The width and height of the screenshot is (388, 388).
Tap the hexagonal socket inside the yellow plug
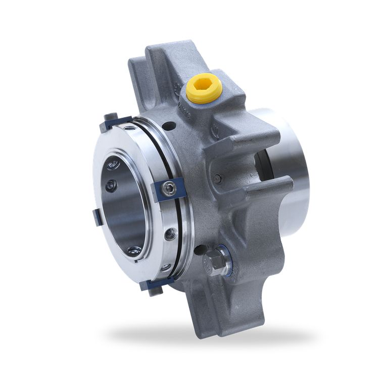point(204,85)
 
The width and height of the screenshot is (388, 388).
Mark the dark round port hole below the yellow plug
point(170,125)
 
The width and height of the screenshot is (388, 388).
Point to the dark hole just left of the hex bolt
point(200,250)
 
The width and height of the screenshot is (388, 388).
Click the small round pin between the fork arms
point(217,178)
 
